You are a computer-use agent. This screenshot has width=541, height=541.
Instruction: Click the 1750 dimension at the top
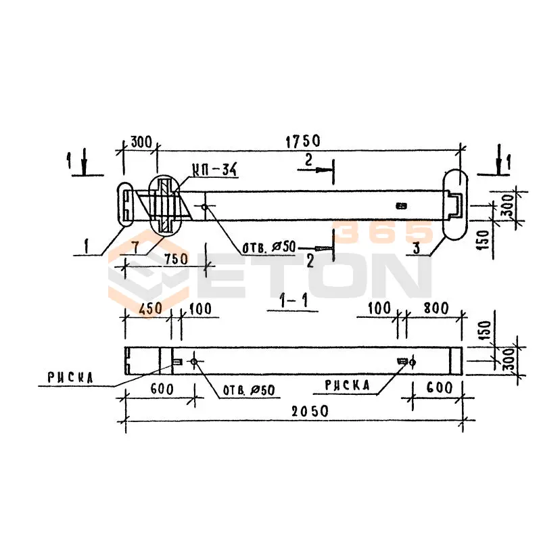point(303,141)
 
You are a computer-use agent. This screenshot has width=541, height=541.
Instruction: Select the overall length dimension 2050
point(310,411)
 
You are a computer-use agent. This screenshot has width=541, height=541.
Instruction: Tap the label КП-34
point(214,170)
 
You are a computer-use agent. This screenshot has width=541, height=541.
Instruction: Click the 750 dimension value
point(176,259)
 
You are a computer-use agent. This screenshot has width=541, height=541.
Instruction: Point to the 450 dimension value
point(150,309)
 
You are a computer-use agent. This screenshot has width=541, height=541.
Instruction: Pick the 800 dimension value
point(436,308)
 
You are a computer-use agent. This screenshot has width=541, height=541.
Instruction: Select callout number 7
point(135,248)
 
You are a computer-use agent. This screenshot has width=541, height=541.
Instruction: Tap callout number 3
point(417,248)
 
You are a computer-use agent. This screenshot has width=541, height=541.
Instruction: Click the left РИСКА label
point(70,378)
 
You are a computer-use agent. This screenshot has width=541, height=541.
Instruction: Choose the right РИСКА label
point(347,385)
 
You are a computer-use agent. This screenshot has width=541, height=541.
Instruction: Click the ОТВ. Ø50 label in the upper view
point(269,248)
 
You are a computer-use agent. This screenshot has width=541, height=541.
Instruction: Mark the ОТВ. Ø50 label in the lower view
point(249,390)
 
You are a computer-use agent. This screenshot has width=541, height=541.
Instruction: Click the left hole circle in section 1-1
point(194,362)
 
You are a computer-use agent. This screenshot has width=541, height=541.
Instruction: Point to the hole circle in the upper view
point(205,207)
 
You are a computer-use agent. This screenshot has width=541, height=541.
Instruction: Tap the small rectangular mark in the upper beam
point(402,206)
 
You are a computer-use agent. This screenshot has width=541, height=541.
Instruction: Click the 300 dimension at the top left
point(141,142)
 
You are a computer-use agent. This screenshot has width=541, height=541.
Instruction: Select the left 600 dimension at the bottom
point(162,390)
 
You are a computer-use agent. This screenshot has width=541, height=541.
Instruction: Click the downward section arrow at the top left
point(84,162)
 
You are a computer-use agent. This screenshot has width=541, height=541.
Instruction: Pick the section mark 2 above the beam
point(308,160)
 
